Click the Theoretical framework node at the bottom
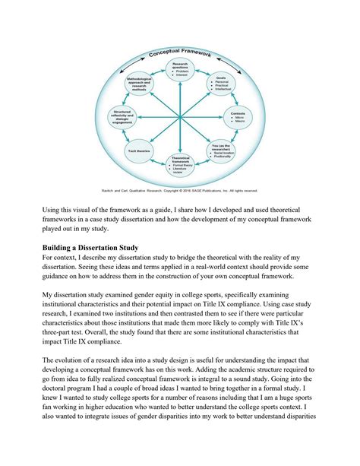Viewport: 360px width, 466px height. tap(181, 164)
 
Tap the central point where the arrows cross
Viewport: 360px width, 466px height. tap(180, 116)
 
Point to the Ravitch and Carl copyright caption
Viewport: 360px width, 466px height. tap(179, 190)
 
